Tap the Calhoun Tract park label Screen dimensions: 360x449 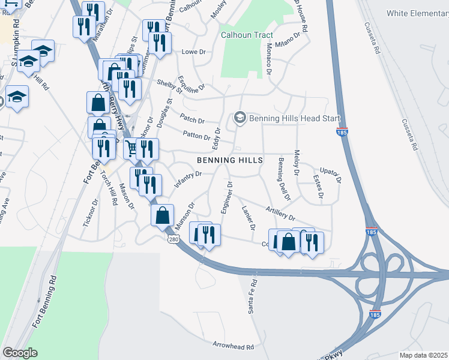247,35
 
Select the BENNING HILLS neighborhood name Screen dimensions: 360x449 231,160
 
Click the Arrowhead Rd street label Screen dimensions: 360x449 233,346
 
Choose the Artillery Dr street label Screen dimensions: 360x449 280,212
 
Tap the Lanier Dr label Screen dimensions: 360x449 248,218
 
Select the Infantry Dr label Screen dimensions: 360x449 187,178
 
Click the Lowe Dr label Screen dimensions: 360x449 193,52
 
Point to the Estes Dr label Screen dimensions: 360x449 319,187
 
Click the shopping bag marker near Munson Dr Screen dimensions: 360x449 162,215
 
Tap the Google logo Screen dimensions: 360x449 20,353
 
